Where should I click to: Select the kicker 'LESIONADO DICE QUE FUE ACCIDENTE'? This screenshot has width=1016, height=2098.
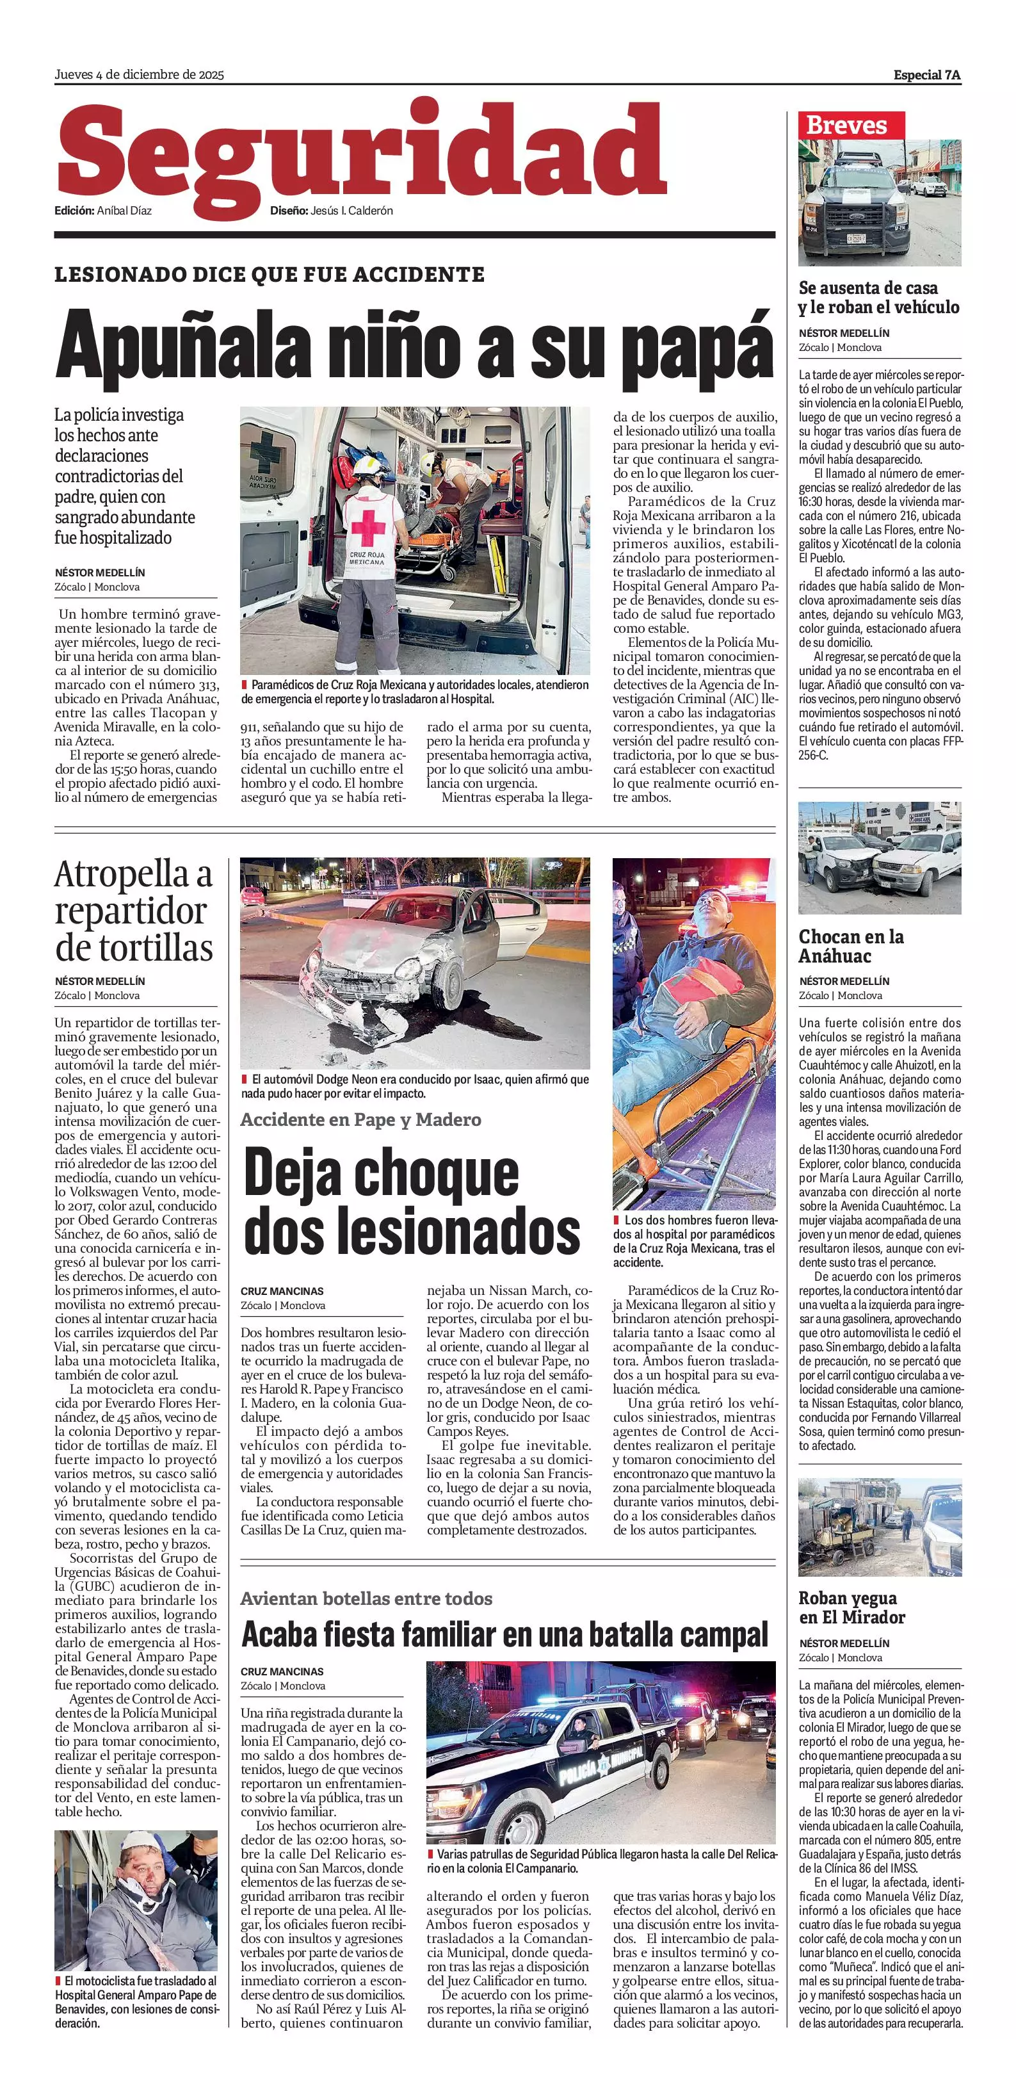(270, 275)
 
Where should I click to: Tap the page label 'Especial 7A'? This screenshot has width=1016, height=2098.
(926, 75)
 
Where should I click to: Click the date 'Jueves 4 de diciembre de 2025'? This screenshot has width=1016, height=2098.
(139, 75)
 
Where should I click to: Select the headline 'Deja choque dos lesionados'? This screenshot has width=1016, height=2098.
(411, 1201)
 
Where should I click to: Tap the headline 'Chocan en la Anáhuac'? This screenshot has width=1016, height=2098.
(851, 947)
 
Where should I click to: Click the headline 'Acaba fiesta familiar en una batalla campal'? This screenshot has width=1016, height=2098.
(504, 1634)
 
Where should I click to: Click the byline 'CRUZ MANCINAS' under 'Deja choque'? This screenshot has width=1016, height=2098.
(282, 1291)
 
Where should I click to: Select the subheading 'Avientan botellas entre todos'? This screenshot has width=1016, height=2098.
(366, 1598)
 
